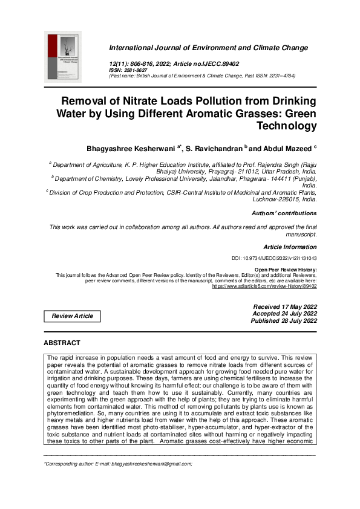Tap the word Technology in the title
pos(287,126)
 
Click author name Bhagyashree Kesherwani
pos(130,148)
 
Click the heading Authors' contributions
pos(284,213)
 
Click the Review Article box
pos(72,316)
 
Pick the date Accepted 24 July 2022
pos(284,314)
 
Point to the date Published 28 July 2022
pos(284,321)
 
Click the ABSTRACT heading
pos(62,343)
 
